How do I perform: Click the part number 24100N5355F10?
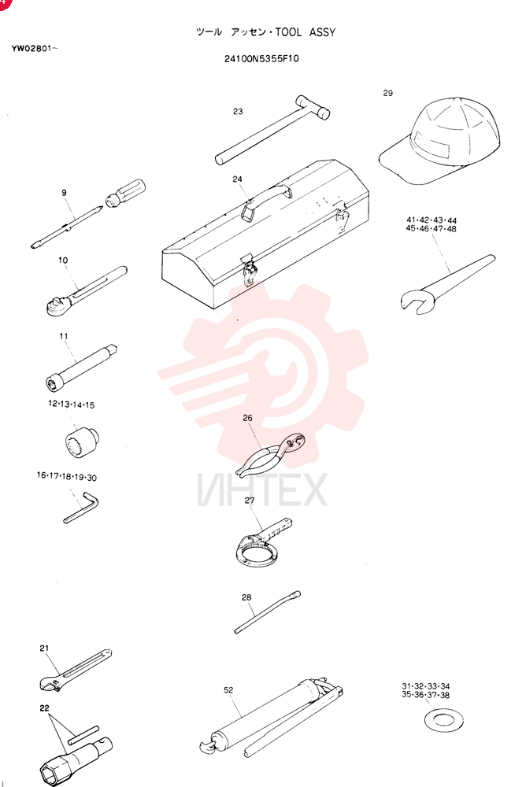261,59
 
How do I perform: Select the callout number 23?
238,112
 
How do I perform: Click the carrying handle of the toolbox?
266,198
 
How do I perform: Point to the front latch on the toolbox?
250,271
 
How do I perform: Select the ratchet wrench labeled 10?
86,291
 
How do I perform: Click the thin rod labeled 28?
268,611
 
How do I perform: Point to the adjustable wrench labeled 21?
76,671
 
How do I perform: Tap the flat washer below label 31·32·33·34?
444,721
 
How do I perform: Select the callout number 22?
45,708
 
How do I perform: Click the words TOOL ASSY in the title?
306,32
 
